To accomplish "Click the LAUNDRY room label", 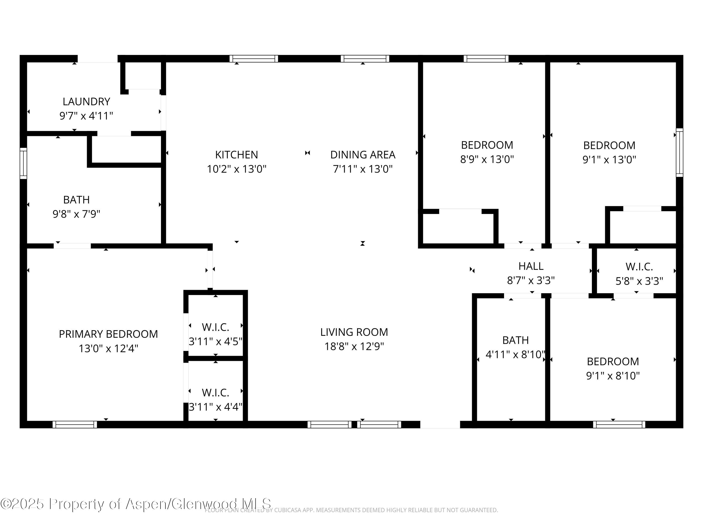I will (x=86, y=102).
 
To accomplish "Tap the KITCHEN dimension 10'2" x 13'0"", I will (x=236, y=169).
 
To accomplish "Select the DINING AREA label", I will (x=363, y=155).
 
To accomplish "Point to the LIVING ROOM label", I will (x=354, y=332).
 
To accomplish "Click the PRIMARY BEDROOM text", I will (x=108, y=334).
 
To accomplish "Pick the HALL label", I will (x=531, y=266).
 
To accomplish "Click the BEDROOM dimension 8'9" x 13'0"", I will (x=487, y=159).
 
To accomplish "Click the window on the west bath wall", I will (x=23, y=163).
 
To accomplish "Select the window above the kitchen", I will (x=254, y=59).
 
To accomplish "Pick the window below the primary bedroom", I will (x=75, y=425).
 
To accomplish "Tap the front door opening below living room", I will (x=440, y=425).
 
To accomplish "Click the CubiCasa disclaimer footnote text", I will (x=351, y=510).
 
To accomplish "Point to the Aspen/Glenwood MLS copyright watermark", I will (x=136, y=504).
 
